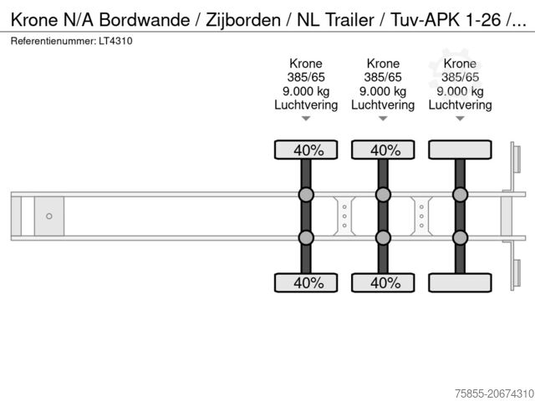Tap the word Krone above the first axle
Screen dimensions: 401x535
click(x=306, y=63)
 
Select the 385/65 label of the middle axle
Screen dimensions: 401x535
click(x=383, y=78)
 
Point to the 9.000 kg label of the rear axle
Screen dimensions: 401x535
click(x=460, y=91)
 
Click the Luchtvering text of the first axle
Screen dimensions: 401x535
click(x=306, y=105)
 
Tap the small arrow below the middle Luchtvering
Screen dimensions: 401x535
click(x=383, y=119)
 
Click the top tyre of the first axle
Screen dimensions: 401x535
click(x=306, y=150)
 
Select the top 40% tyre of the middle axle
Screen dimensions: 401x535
click(x=383, y=150)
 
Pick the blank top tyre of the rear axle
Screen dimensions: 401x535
click(x=460, y=150)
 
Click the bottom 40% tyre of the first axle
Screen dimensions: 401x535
click(x=306, y=282)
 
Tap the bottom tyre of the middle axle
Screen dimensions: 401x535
click(x=383, y=282)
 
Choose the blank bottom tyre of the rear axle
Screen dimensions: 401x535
click(x=460, y=282)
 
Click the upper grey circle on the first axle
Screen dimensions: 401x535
click(x=306, y=195)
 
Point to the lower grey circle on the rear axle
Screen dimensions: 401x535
click(x=460, y=238)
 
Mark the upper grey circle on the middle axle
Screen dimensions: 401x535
click(x=383, y=195)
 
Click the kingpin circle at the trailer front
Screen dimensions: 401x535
click(x=49, y=216)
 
